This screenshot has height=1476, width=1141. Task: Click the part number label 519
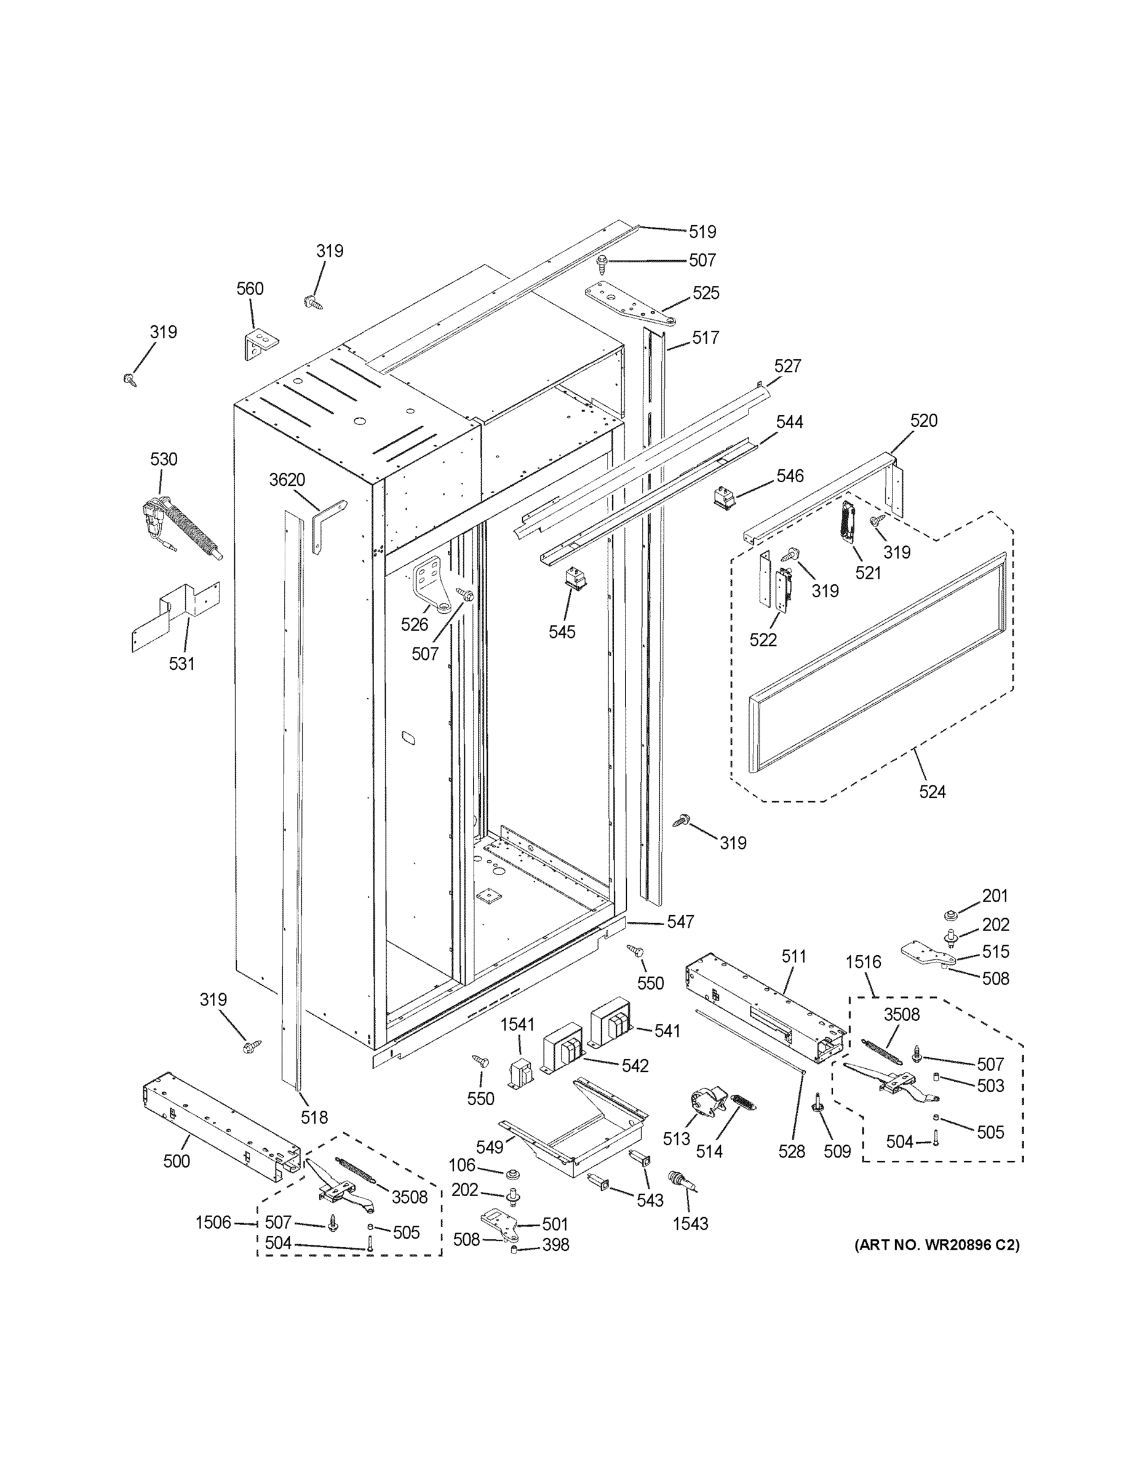[702, 232]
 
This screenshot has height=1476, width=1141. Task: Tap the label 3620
[287, 480]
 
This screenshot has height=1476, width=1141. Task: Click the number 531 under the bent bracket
[181, 664]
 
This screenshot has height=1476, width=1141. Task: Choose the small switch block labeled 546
[724, 498]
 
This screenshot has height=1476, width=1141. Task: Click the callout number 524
[932, 792]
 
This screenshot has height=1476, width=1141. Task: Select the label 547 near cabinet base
[680, 922]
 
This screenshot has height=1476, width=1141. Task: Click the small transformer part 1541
[520, 1074]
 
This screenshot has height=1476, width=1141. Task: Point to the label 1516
[863, 962]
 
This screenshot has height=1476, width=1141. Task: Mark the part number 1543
[690, 1223]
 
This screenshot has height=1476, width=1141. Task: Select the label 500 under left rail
[177, 1161]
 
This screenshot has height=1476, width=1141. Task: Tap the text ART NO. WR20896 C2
[936, 1244]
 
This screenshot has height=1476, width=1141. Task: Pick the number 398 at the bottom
[555, 1244]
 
